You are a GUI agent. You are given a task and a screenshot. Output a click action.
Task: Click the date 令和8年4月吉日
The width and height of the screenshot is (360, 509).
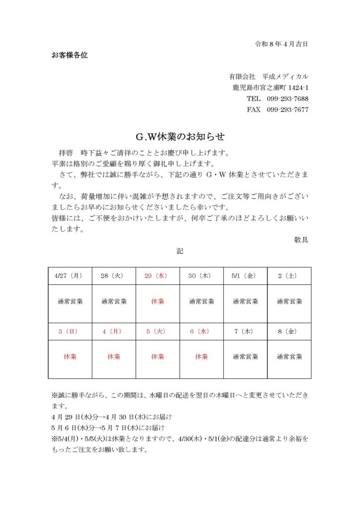coord(281,44)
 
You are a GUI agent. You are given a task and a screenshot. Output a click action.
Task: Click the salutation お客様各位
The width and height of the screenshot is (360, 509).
coord(70,55)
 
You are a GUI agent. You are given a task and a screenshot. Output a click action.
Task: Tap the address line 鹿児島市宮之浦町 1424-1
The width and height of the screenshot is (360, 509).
coord(270,88)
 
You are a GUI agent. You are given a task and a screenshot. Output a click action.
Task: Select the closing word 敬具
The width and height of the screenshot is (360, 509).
coord(301,240)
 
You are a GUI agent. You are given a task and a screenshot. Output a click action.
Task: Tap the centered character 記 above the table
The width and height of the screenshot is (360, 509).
coord(180,252)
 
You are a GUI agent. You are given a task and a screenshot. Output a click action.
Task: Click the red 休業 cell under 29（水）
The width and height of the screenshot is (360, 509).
coord(158,301)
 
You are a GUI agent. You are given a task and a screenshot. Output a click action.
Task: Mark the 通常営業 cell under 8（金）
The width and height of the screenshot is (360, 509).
coord(289,357)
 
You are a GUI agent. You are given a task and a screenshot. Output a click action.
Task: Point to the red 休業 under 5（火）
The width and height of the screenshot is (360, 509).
coord(158,357)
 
